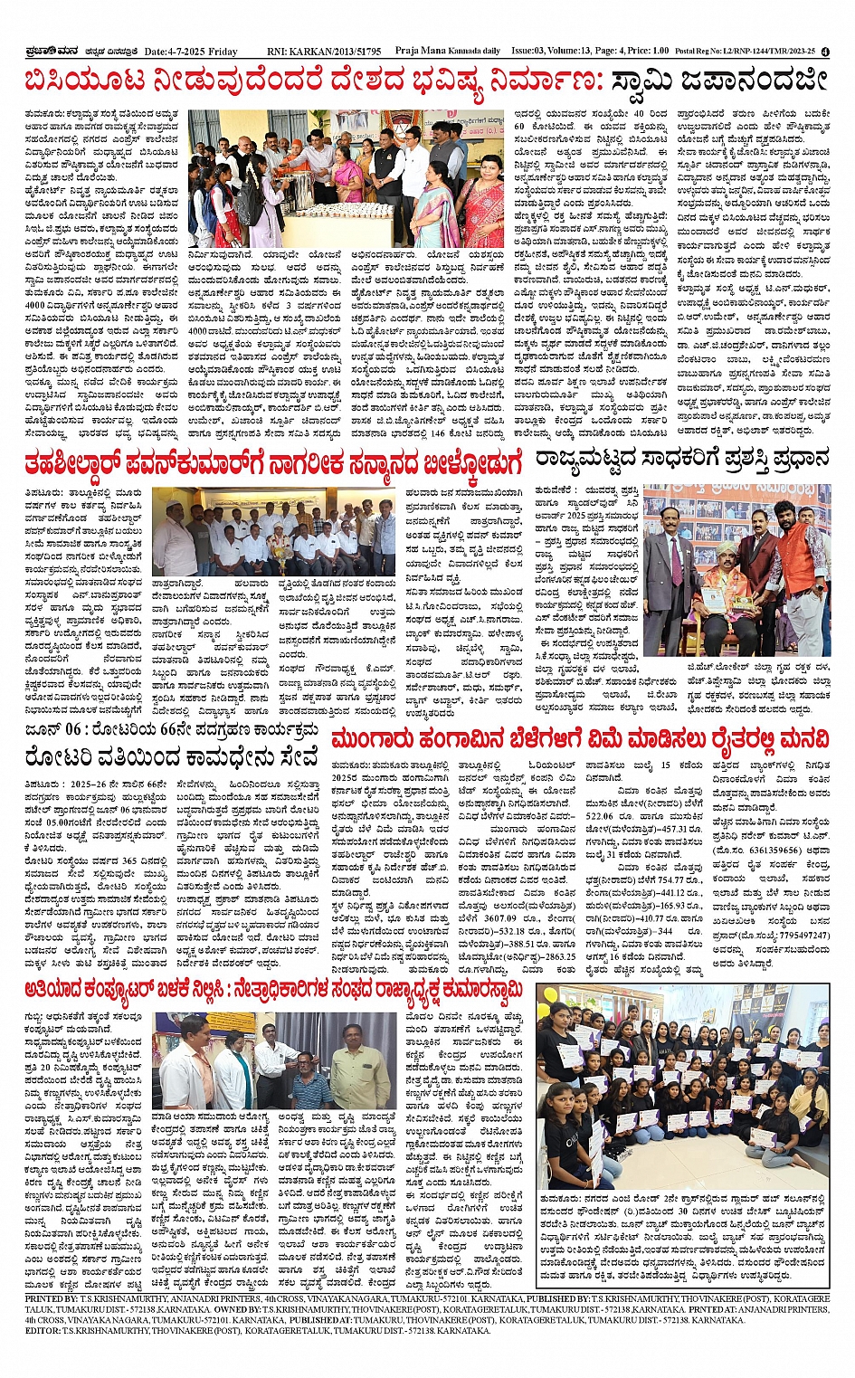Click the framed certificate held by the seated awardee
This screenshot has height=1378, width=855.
click(716, 604)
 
